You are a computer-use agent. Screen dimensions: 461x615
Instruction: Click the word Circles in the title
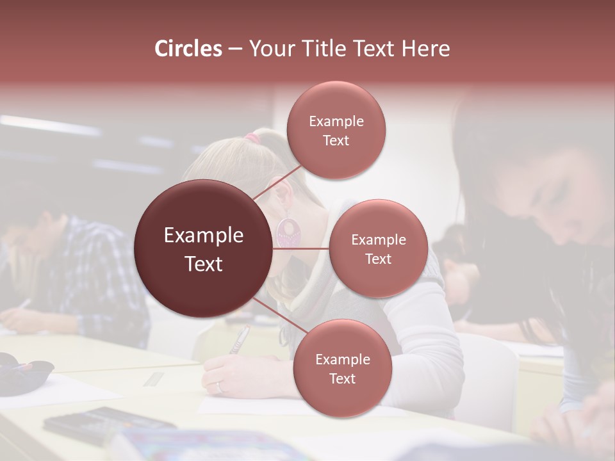pyautogui.click(x=188, y=49)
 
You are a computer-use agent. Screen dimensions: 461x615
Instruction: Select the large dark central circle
pyautogui.click(x=203, y=248)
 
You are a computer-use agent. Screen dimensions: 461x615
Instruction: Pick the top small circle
pyautogui.click(x=336, y=130)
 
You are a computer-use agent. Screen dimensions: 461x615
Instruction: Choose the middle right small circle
pyautogui.click(x=379, y=248)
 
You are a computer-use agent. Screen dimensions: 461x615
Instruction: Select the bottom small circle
pyautogui.click(x=342, y=368)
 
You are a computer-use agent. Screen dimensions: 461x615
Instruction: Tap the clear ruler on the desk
pyautogui.click(x=154, y=379)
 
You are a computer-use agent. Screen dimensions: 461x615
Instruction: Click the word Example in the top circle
pyautogui.click(x=336, y=121)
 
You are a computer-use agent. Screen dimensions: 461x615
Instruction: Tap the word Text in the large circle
pyautogui.click(x=204, y=264)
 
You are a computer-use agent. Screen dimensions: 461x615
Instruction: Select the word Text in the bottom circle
pyautogui.click(x=342, y=378)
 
